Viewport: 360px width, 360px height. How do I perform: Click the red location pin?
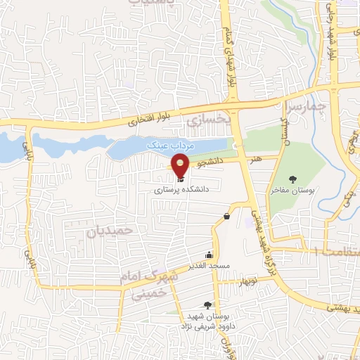tap(181, 167)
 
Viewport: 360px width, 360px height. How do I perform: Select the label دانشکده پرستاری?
tap(183, 189)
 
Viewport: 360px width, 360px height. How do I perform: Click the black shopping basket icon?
tap(226, 216)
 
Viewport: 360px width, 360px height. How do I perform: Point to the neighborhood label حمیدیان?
tap(108, 230)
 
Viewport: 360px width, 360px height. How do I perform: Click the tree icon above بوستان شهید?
tap(207, 305)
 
